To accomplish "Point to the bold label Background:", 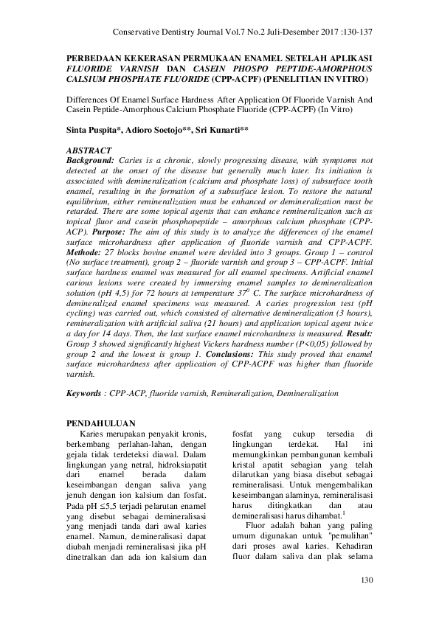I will [x=91, y=159].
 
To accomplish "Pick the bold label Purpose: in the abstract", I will [x=112, y=231].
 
